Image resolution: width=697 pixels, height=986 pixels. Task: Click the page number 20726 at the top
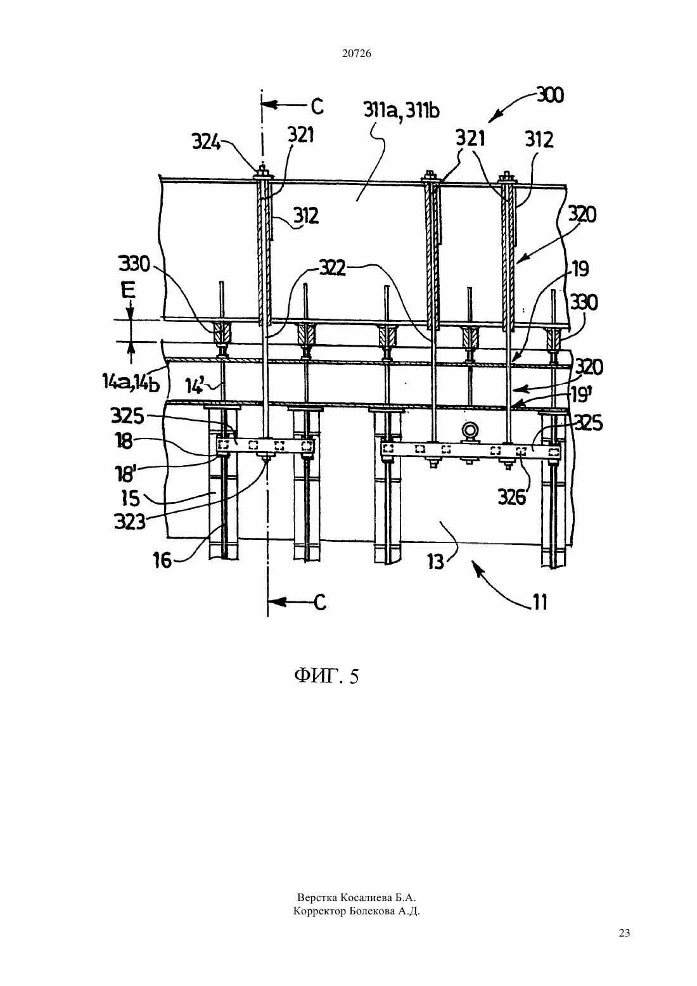click(356, 54)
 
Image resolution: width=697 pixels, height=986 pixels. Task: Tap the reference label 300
click(549, 95)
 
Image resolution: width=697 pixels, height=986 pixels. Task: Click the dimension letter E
click(129, 292)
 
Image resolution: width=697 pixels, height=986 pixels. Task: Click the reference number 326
click(512, 497)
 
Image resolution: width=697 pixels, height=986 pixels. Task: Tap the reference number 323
click(130, 522)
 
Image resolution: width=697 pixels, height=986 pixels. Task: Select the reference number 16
click(163, 561)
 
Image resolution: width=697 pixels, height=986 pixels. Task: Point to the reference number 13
click(436, 562)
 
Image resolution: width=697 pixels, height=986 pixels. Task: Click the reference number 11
click(540, 602)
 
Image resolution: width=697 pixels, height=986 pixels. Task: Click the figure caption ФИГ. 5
click(326, 675)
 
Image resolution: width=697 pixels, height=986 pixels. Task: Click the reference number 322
click(332, 268)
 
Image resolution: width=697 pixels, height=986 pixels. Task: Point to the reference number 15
click(131, 499)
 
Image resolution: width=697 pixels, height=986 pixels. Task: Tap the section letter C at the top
click(317, 106)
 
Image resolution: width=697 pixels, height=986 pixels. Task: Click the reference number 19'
click(580, 396)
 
